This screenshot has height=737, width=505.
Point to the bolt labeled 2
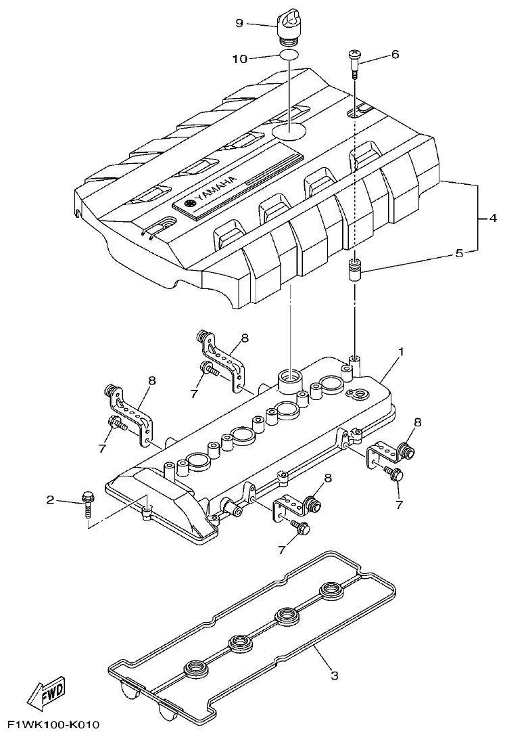(x=89, y=505)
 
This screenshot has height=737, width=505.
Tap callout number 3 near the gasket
(x=334, y=675)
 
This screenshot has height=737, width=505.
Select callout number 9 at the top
(x=239, y=23)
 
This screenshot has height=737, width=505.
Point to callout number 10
(x=240, y=60)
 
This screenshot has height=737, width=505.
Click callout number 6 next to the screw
(x=395, y=54)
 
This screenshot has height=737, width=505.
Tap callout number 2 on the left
(x=49, y=500)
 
